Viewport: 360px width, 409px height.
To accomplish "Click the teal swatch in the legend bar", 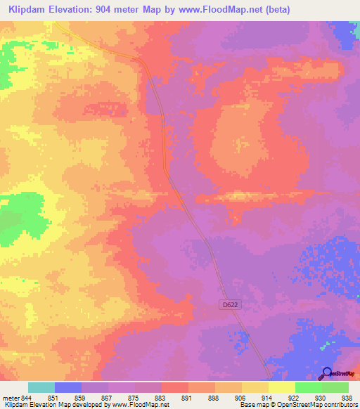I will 41,387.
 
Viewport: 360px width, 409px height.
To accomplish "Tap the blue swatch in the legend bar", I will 68,387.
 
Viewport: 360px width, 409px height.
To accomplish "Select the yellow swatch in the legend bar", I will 282,387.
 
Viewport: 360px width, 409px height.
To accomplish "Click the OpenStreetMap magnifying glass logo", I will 326,373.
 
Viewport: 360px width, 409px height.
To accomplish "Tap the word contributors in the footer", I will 337,405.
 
